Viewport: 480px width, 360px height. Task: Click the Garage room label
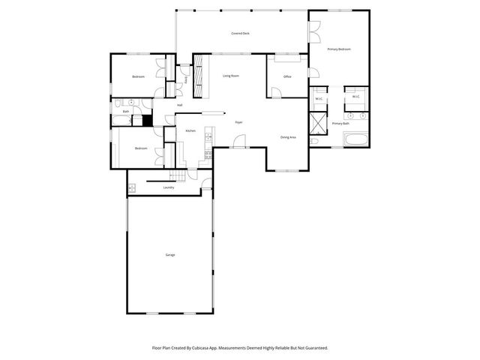(170, 255)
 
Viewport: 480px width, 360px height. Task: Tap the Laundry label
(169, 187)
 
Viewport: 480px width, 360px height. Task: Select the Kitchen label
(190, 131)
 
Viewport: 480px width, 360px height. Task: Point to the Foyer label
(238, 122)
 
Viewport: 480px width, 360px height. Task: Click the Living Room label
(230, 76)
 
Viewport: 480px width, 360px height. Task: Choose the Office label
(287, 77)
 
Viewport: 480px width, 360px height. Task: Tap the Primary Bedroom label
(339, 49)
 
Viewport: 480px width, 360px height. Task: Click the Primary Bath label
(340, 123)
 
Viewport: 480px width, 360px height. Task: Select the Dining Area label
(288, 137)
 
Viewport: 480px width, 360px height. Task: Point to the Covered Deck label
(241, 34)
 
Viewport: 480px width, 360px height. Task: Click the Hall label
(180, 105)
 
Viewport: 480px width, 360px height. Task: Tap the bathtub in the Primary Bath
(355, 139)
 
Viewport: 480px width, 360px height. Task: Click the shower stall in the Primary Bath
(319, 122)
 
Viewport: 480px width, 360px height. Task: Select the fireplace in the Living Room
(199, 74)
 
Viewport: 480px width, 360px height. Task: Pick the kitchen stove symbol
(208, 155)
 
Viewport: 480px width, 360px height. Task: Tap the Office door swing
(276, 93)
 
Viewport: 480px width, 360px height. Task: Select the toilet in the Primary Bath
(314, 140)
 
